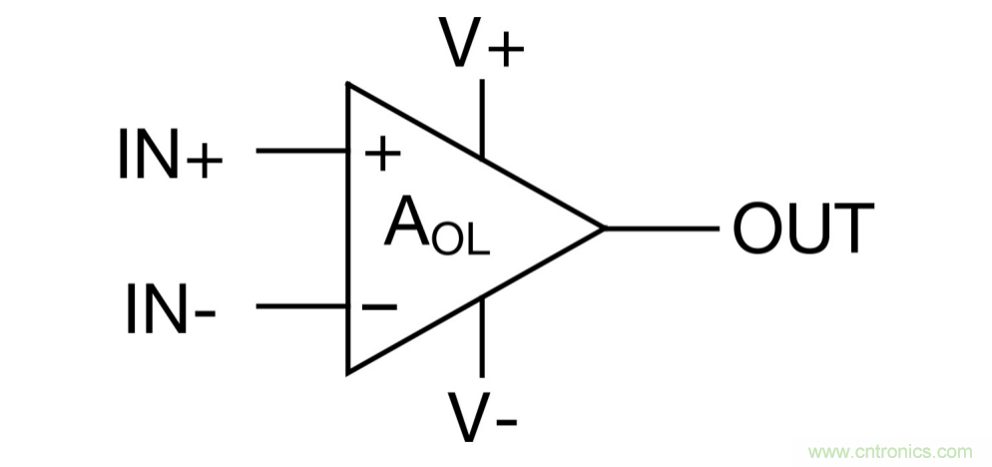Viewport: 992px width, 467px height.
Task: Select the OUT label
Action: point(803,229)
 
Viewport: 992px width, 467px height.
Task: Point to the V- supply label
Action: point(482,419)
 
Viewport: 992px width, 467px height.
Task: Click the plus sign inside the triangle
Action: point(381,153)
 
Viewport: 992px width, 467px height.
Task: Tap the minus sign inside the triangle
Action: point(379,306)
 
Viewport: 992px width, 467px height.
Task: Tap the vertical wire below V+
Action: point(482,118)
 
